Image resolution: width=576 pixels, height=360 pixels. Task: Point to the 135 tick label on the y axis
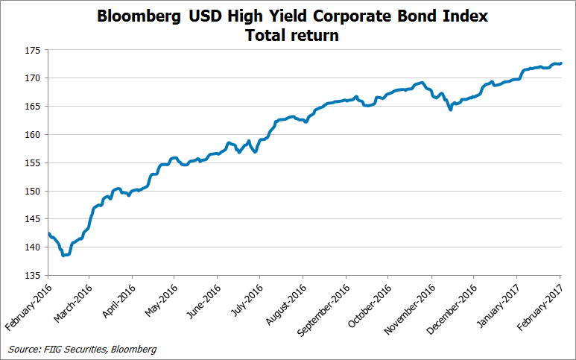[x=33, y=276]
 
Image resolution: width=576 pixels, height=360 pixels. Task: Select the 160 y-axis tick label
[x=33, y=135]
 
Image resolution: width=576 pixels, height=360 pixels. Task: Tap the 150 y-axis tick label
[x=33, y=192]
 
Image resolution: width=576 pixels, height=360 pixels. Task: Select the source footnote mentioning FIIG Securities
[x=83, y=348]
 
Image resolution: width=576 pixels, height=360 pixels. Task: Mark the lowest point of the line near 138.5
[x=64, y=255]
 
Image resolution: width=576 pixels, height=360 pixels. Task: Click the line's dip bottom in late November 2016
[x=450, y=110]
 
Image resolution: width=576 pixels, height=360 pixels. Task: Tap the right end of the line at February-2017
[x=561, y=63]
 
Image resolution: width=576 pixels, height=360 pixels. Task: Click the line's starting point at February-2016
[x=48, y=233]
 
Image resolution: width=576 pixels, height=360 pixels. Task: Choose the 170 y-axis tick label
[x=33, y=78]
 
